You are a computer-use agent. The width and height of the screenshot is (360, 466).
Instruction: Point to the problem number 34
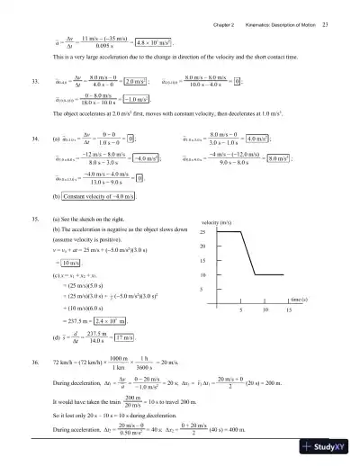pos(34,140)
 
